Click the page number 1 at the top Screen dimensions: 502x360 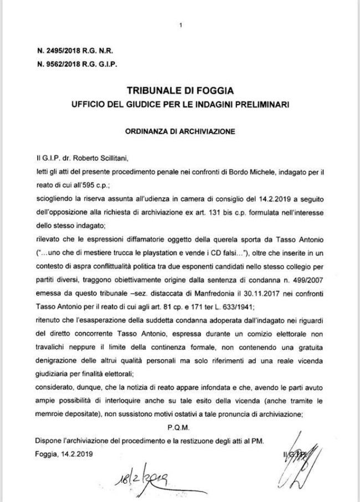180,25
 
